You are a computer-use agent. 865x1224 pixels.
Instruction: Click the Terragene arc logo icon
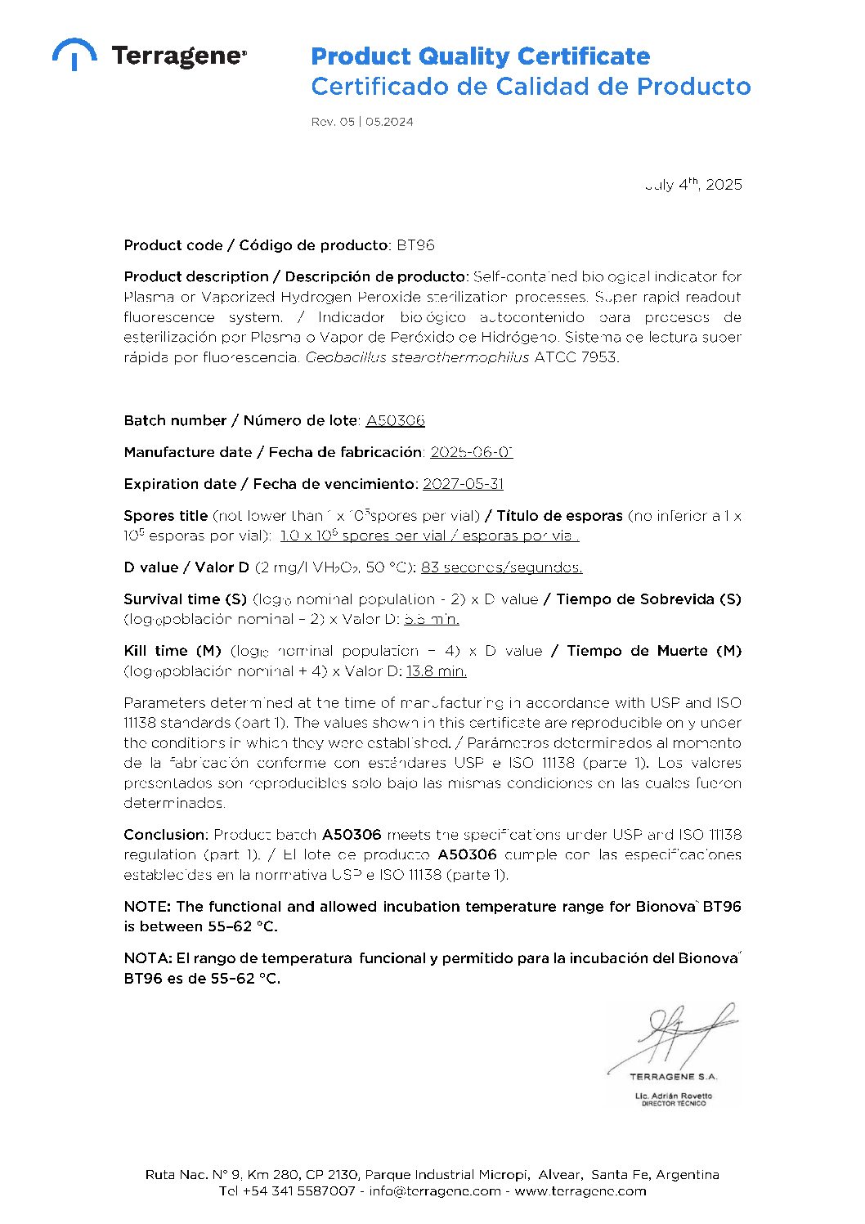[x=74, y=53]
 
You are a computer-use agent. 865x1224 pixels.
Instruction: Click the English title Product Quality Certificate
[x=480, y=56]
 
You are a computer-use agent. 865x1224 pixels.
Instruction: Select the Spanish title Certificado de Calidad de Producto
[x=531, y=87]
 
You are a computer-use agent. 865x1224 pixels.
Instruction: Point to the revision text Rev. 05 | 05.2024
[x=362, y=122]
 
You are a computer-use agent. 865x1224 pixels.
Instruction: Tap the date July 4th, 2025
[x=693, y=185]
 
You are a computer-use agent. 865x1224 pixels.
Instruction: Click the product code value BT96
[x=415, y=245]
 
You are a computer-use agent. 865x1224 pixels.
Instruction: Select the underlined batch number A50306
[x=395, y=420]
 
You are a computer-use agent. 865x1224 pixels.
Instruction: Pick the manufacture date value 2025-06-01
[x=471, y=452]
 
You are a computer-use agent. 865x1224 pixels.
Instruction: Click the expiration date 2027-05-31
[x=463, y=484]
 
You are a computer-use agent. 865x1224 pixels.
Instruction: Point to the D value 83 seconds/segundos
[x=501, y=567]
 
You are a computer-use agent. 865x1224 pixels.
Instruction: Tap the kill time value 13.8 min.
[x=436, y=671]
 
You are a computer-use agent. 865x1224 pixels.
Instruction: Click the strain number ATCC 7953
[x=576, y=357]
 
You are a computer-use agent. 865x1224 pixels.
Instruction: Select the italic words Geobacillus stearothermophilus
[x=417, y=357]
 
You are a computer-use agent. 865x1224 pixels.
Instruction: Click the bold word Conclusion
[x=166, y=835]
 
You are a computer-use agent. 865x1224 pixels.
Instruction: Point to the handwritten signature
[x=675, y=1034]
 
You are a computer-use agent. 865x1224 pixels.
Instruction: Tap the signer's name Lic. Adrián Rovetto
[x=674, y=1096]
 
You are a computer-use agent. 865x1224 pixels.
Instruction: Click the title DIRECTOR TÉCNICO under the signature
[x=674, y=1104]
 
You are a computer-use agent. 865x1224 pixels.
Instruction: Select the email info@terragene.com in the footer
[x=435, y=1191]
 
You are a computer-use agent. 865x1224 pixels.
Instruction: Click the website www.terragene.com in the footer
[x=580, y=1191]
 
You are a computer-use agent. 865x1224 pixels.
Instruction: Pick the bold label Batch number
[x=175, y=420]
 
